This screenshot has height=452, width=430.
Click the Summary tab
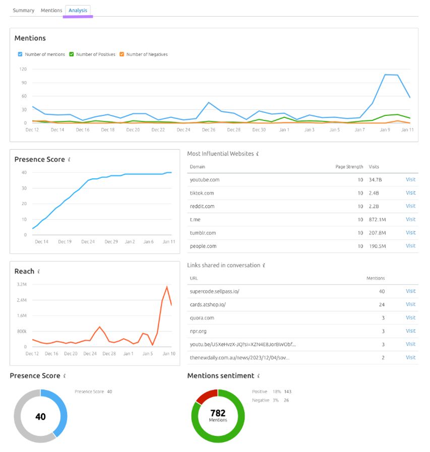[23, 10]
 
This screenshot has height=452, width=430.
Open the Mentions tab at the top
[51, 10]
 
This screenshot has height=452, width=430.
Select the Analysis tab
[78, 10]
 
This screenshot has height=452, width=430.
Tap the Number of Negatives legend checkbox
[121, 54]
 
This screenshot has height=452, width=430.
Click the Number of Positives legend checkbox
[72, 54]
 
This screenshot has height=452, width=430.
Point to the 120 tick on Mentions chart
[23, 69]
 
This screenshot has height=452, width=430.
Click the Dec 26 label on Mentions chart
[208, 130]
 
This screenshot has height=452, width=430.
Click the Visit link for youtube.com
[410, 179]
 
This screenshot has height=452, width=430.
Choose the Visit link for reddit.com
[410, 206]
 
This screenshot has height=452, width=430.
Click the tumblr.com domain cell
[203, 233]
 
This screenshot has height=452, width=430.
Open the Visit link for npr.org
[410, 331]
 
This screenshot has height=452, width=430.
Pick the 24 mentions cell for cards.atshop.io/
[381, 304]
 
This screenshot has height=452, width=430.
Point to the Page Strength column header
[349, 166]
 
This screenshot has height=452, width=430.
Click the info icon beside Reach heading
[39, 272]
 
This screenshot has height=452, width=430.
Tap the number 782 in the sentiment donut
[218, 413]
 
